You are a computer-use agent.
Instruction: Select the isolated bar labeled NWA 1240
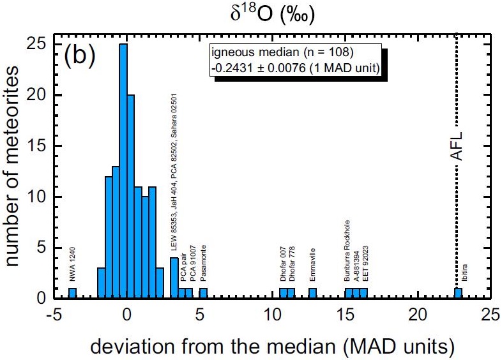pos(72,294)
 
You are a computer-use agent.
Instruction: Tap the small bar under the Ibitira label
pos(458,294)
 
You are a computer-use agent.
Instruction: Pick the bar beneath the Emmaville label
pos(312,294)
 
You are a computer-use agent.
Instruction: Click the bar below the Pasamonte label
pos(203,294)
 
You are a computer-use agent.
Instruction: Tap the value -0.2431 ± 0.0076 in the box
pos(296,68)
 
